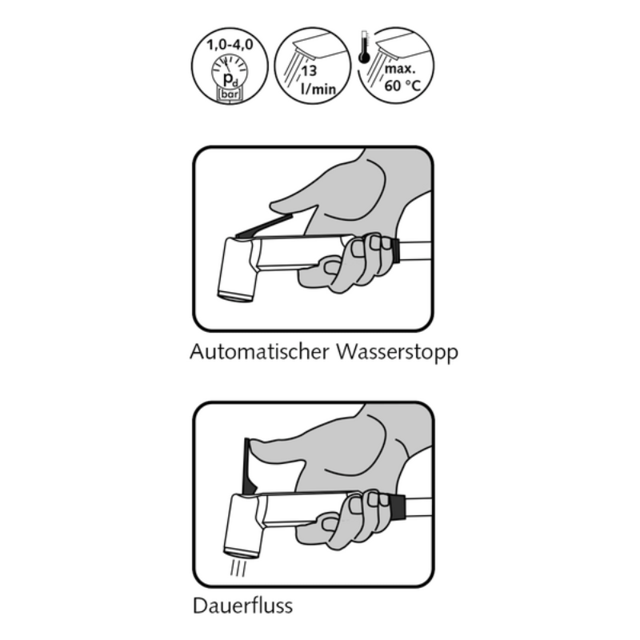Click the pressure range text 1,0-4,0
pyautogui.click(x=230, y=44)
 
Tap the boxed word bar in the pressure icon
pyautogui.click(x=230, y=94)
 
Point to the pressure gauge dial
pyautogui.click(x=230, y=72)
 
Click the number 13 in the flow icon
pyautogui.click(x=309, y=70)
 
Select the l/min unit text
pyautogui.click(x=318, y=88)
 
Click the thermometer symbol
pyautogui.click(x=364, y=48)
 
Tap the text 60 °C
pyautogui.click(x=402, y=86)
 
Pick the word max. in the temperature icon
pyautogui.click(x=400, y=68)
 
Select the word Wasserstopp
pyautogui.click(x=397, y=352)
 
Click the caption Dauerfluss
pyautogui.click(x=243, y=606)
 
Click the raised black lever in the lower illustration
pyautogui.click(x=249, y=466)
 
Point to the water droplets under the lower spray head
pyautogui.click(x=238, y=568)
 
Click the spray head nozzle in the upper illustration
pyautogui.click(x=236, y=294)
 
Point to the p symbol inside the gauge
pyautogui.click(x=228, y=78)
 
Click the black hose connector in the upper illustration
pyautogui.click(x=394, y=249)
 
